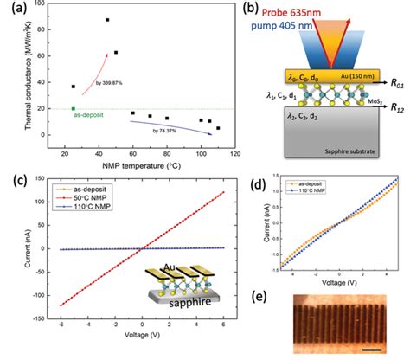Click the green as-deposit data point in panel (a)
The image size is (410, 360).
[x=74, y=109]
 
